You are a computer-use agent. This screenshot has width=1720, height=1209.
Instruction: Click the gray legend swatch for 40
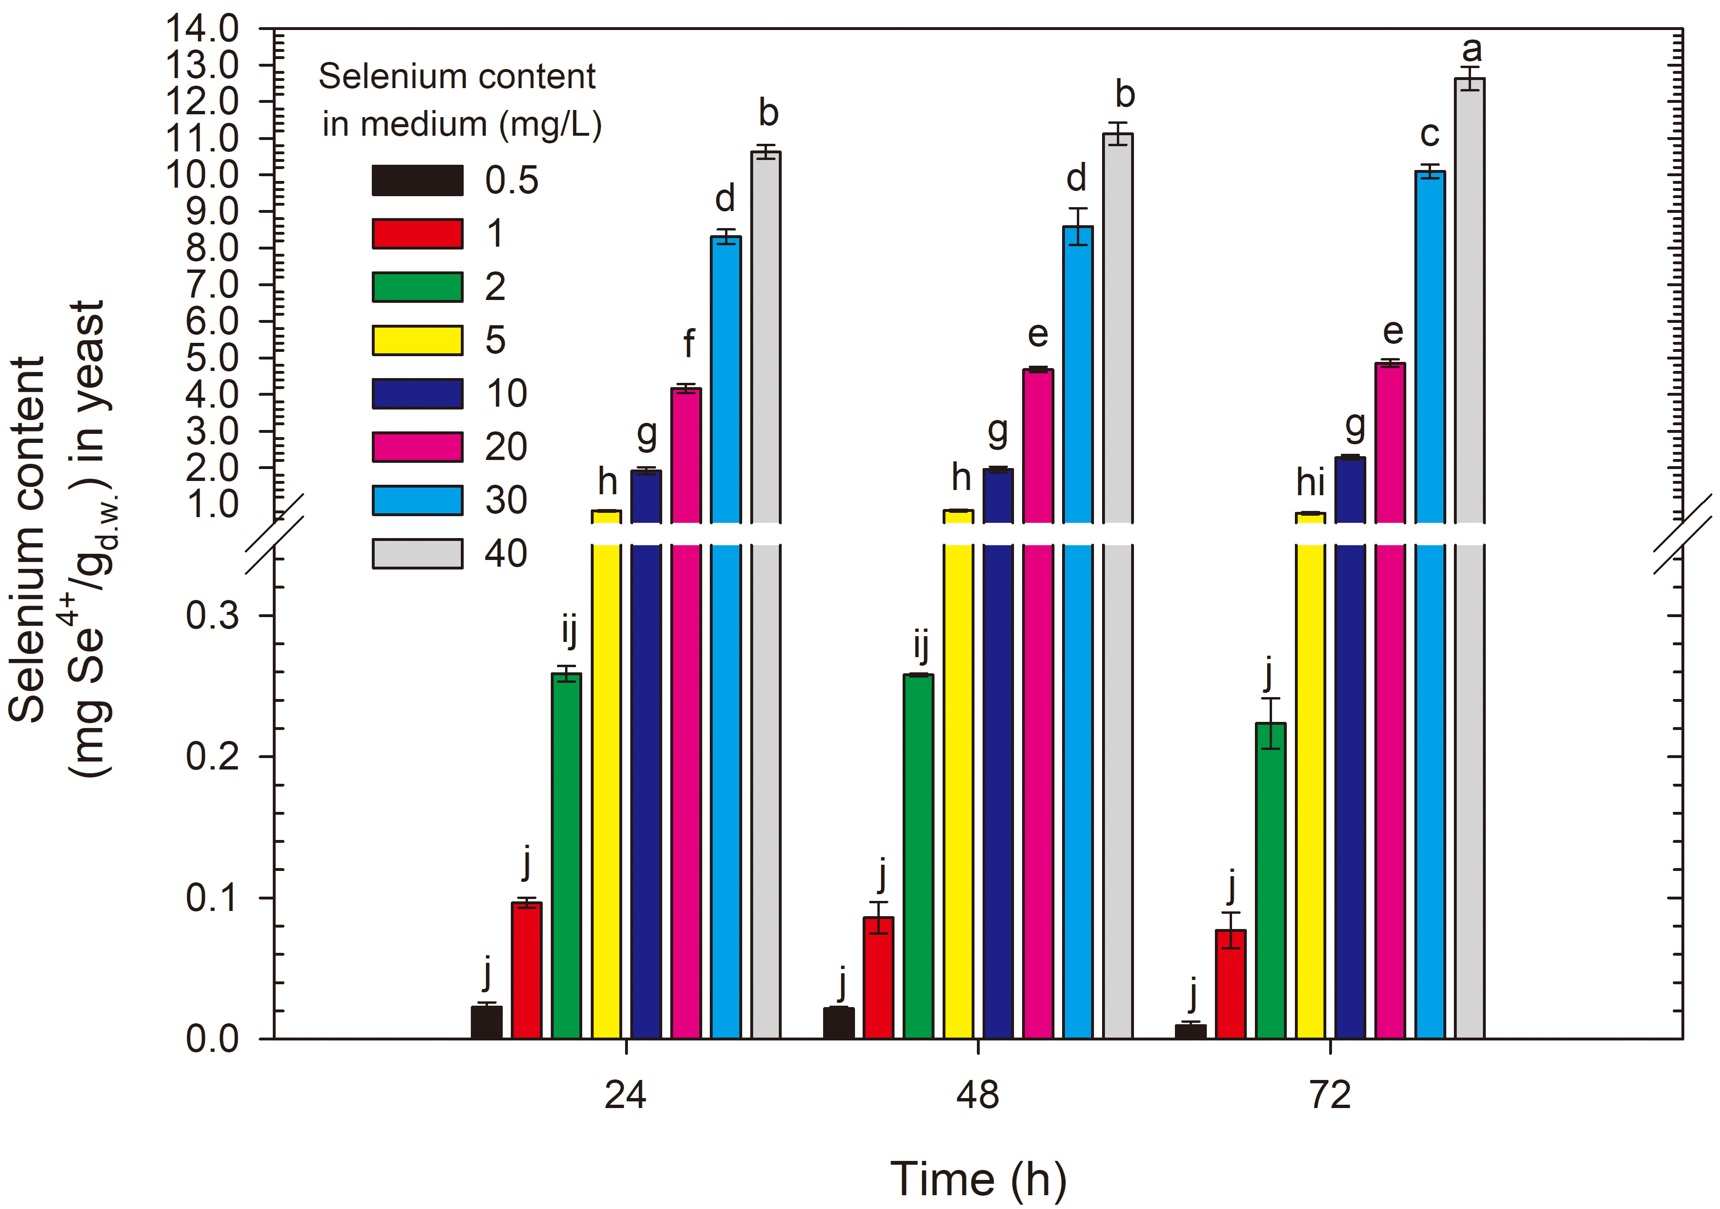coord(417,554)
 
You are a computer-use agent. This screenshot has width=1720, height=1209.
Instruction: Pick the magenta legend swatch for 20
coord(417,447)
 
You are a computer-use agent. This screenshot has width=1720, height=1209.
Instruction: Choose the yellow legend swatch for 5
coord(417,340)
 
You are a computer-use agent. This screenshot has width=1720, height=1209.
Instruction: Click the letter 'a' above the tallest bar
coord(1471,50)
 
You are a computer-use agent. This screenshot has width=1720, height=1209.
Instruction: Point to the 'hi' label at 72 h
coord(1310,482)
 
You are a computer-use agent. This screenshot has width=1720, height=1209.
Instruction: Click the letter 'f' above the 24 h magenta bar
coord(688,343)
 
